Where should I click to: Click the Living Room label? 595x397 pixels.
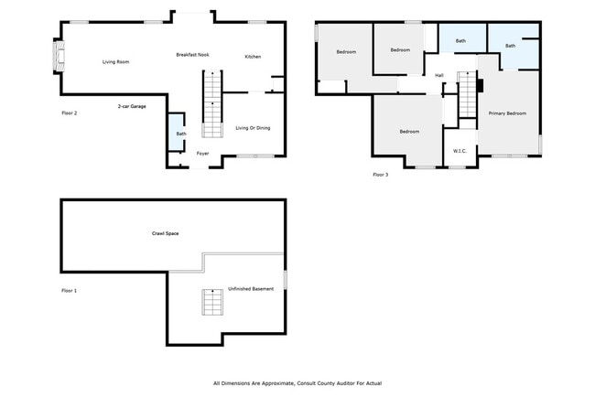pyautogui.click(x=115, y=61)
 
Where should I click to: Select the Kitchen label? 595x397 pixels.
pyautogui.click(x=253, y=57)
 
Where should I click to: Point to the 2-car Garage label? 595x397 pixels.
pyautogui.click(x=132, y=107)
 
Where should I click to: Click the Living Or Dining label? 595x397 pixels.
pyautogui.click(x=253, y=127)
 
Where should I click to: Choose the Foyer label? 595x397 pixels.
pyautogui.click(x=202, y=153)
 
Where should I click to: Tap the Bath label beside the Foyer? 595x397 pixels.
pyautogui.click(x=181, y=134)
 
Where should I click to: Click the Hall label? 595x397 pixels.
pyautogui.click(x=439, y=75)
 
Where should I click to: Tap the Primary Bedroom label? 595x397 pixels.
pyautogui.click(x=507, y=113)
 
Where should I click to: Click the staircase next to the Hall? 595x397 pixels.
pyautogui.click(x=468, y=97)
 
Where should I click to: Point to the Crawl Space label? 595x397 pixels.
pyautogui.click(x=165, y=233)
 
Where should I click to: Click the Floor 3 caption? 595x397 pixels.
pyautogui.click(x=381, y=174)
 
